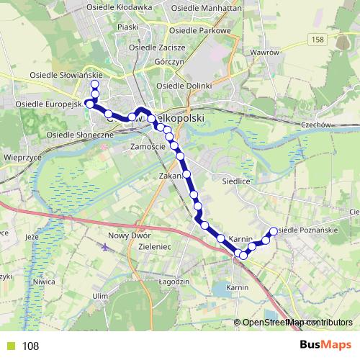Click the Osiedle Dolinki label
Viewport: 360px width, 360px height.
coord(184,86)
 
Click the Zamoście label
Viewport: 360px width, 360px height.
coord(149,146)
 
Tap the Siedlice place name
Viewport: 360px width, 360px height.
coord(235,182)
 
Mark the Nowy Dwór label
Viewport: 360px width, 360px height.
coord(127,236)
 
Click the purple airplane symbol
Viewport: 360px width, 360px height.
coord(107,248)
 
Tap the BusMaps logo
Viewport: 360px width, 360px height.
coord(320,346)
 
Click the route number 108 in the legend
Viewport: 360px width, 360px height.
coord(31,346)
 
